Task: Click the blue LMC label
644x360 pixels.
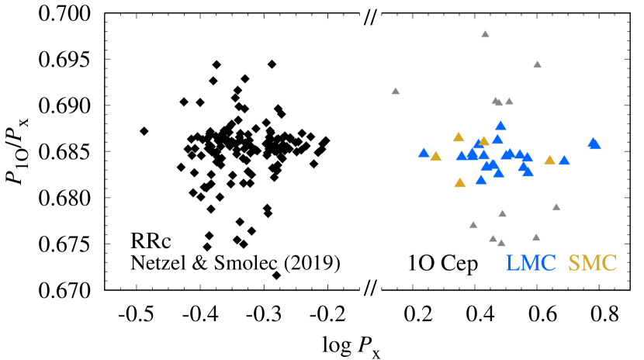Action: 531,264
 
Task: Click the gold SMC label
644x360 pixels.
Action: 592,264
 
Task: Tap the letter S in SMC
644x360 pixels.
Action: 574,264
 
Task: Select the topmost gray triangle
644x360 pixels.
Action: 485,34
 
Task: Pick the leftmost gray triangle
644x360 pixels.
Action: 395,91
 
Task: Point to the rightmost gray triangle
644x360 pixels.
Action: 556,207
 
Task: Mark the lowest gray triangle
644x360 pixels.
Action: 501,243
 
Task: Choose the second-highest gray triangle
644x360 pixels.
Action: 537,64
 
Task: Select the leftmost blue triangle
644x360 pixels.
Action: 424,153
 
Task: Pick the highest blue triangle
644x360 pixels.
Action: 500,126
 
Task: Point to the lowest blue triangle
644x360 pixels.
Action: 481,180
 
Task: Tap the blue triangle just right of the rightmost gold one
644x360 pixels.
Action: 564,161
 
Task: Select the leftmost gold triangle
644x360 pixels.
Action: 436,157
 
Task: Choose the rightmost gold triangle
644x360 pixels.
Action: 549,160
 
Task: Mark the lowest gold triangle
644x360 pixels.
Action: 460,183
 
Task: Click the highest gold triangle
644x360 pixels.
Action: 459,137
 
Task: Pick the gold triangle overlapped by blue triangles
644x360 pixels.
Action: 484,141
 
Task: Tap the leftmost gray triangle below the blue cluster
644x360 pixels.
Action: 473,225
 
